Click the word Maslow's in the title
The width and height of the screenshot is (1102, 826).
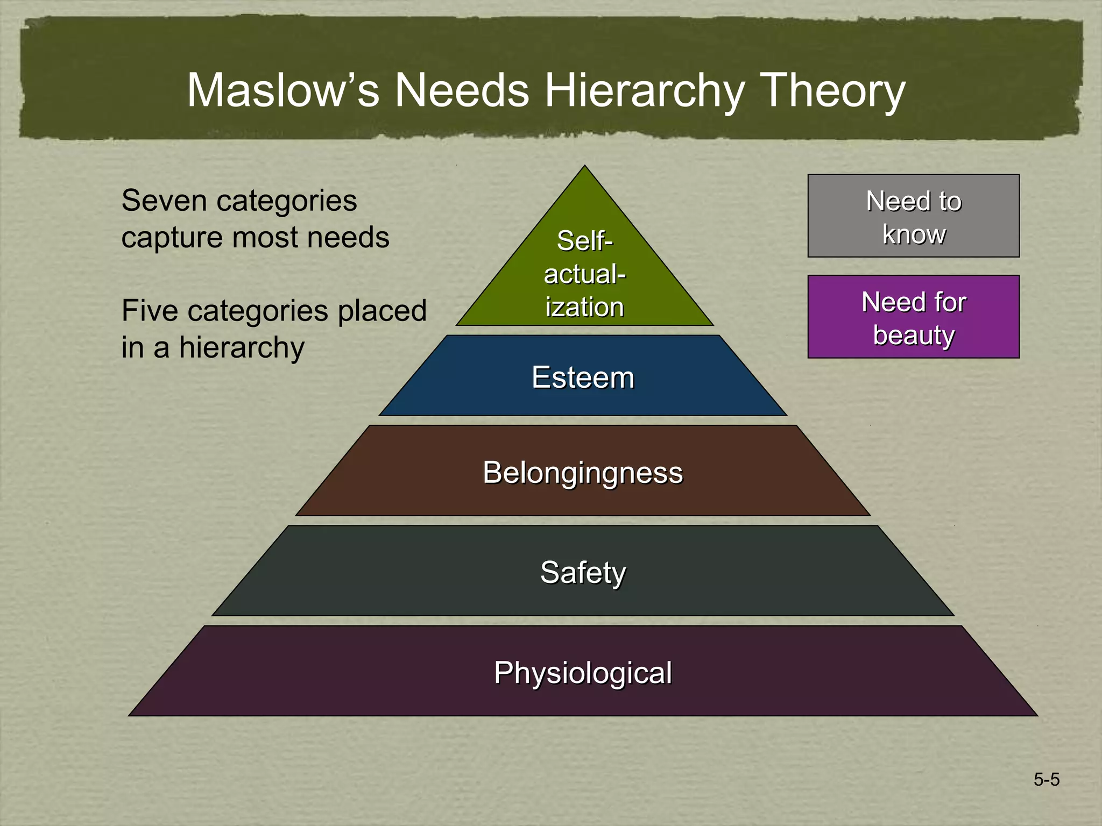(282, 90)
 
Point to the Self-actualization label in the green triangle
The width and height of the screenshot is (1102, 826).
(584, 274)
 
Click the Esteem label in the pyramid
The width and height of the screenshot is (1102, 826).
(583, 377)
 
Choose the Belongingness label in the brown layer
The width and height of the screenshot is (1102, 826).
(583, 473)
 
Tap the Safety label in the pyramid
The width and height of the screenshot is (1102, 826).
(583, 572)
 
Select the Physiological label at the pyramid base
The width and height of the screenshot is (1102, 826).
(583, 672)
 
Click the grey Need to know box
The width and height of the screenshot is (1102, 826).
(913, 216)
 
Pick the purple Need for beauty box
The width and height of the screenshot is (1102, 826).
(913, 317)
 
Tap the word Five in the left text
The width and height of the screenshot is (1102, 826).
(147, 311)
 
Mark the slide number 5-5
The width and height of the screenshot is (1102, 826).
(1046, 779)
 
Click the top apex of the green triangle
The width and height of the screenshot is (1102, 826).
(585, 168)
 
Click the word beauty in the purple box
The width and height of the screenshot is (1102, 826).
(914, 335)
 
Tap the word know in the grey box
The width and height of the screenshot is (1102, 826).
(914, 234)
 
